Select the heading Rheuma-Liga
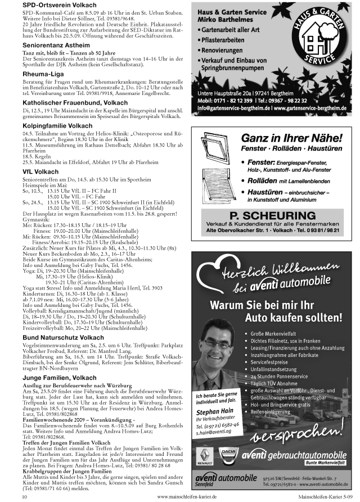pyautogui.click(x=42, y=73)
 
